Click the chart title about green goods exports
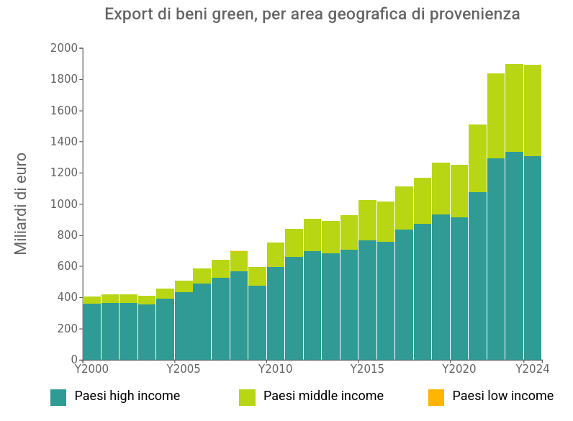tap(312, 14)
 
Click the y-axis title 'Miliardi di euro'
tap(21, 203)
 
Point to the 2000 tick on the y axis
tap(63, 48)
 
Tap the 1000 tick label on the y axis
tap(63, 204)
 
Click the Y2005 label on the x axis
tap(184, 369)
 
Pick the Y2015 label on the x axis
tap(367, 369)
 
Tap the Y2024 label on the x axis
tap(532, 369)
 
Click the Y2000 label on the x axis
tap(91, 369)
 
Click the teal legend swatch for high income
tap(58, 397)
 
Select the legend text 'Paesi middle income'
tap(323, 397)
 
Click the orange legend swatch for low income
tap(436, 397)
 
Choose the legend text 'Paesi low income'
tap(502, 397)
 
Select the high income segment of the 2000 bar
tap(91, 331)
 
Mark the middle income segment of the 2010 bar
tap(276, 255)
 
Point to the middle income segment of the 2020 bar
tap(459, 191)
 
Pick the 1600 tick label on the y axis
tap(63, 111)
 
